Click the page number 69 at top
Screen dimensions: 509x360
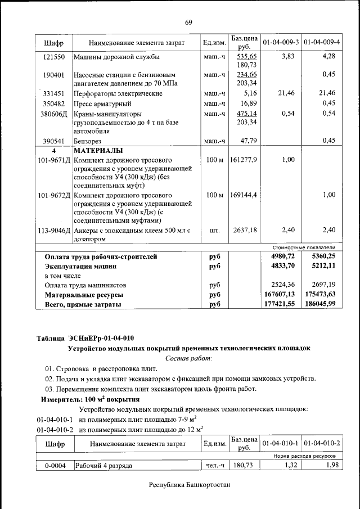pos(188,22)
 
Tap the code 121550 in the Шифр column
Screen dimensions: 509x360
pos(54,57)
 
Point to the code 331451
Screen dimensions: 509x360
pos(54,93)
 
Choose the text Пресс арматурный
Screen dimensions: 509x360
pos(103,104)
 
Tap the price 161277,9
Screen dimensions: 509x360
pos(244,160)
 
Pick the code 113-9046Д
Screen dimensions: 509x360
pos(54,230)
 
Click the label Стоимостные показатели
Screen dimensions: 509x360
pos(304,247)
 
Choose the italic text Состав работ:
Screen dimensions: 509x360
pos(188,358)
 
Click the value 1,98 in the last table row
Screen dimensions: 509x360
pos(328,465)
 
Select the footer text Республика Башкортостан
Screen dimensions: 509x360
pos(190,485)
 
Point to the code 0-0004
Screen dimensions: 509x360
pos(54,465)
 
